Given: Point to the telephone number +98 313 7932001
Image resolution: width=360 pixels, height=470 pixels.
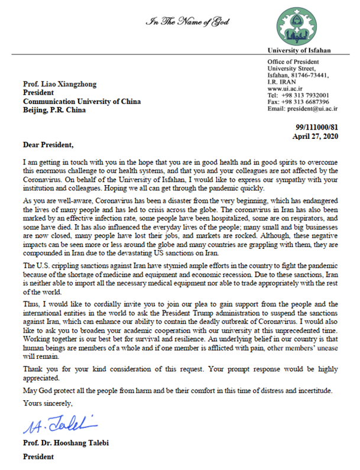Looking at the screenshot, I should pos(313,95).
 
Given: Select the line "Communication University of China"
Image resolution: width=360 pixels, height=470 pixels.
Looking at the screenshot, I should pos(82,101).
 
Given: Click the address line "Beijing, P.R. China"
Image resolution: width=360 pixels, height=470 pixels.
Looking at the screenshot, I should pos(57,110).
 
